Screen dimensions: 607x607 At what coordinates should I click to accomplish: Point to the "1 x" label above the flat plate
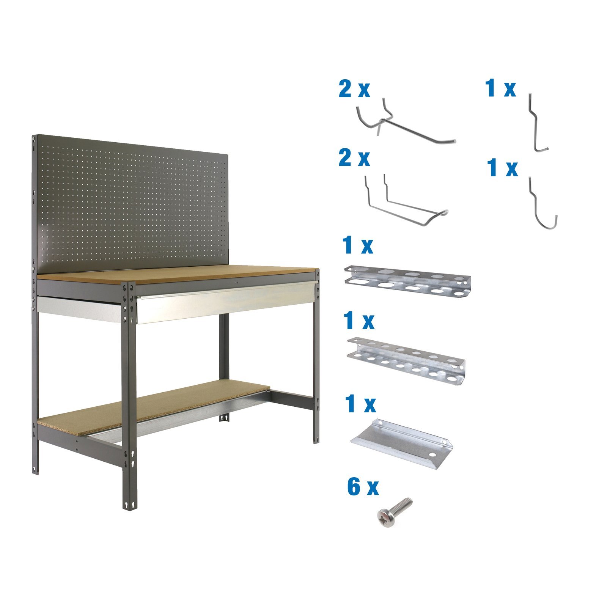coord(360,404)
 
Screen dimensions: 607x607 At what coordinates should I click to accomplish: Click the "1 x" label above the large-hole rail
coord(357,246)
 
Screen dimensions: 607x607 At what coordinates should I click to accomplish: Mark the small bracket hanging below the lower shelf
coord(225,418)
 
